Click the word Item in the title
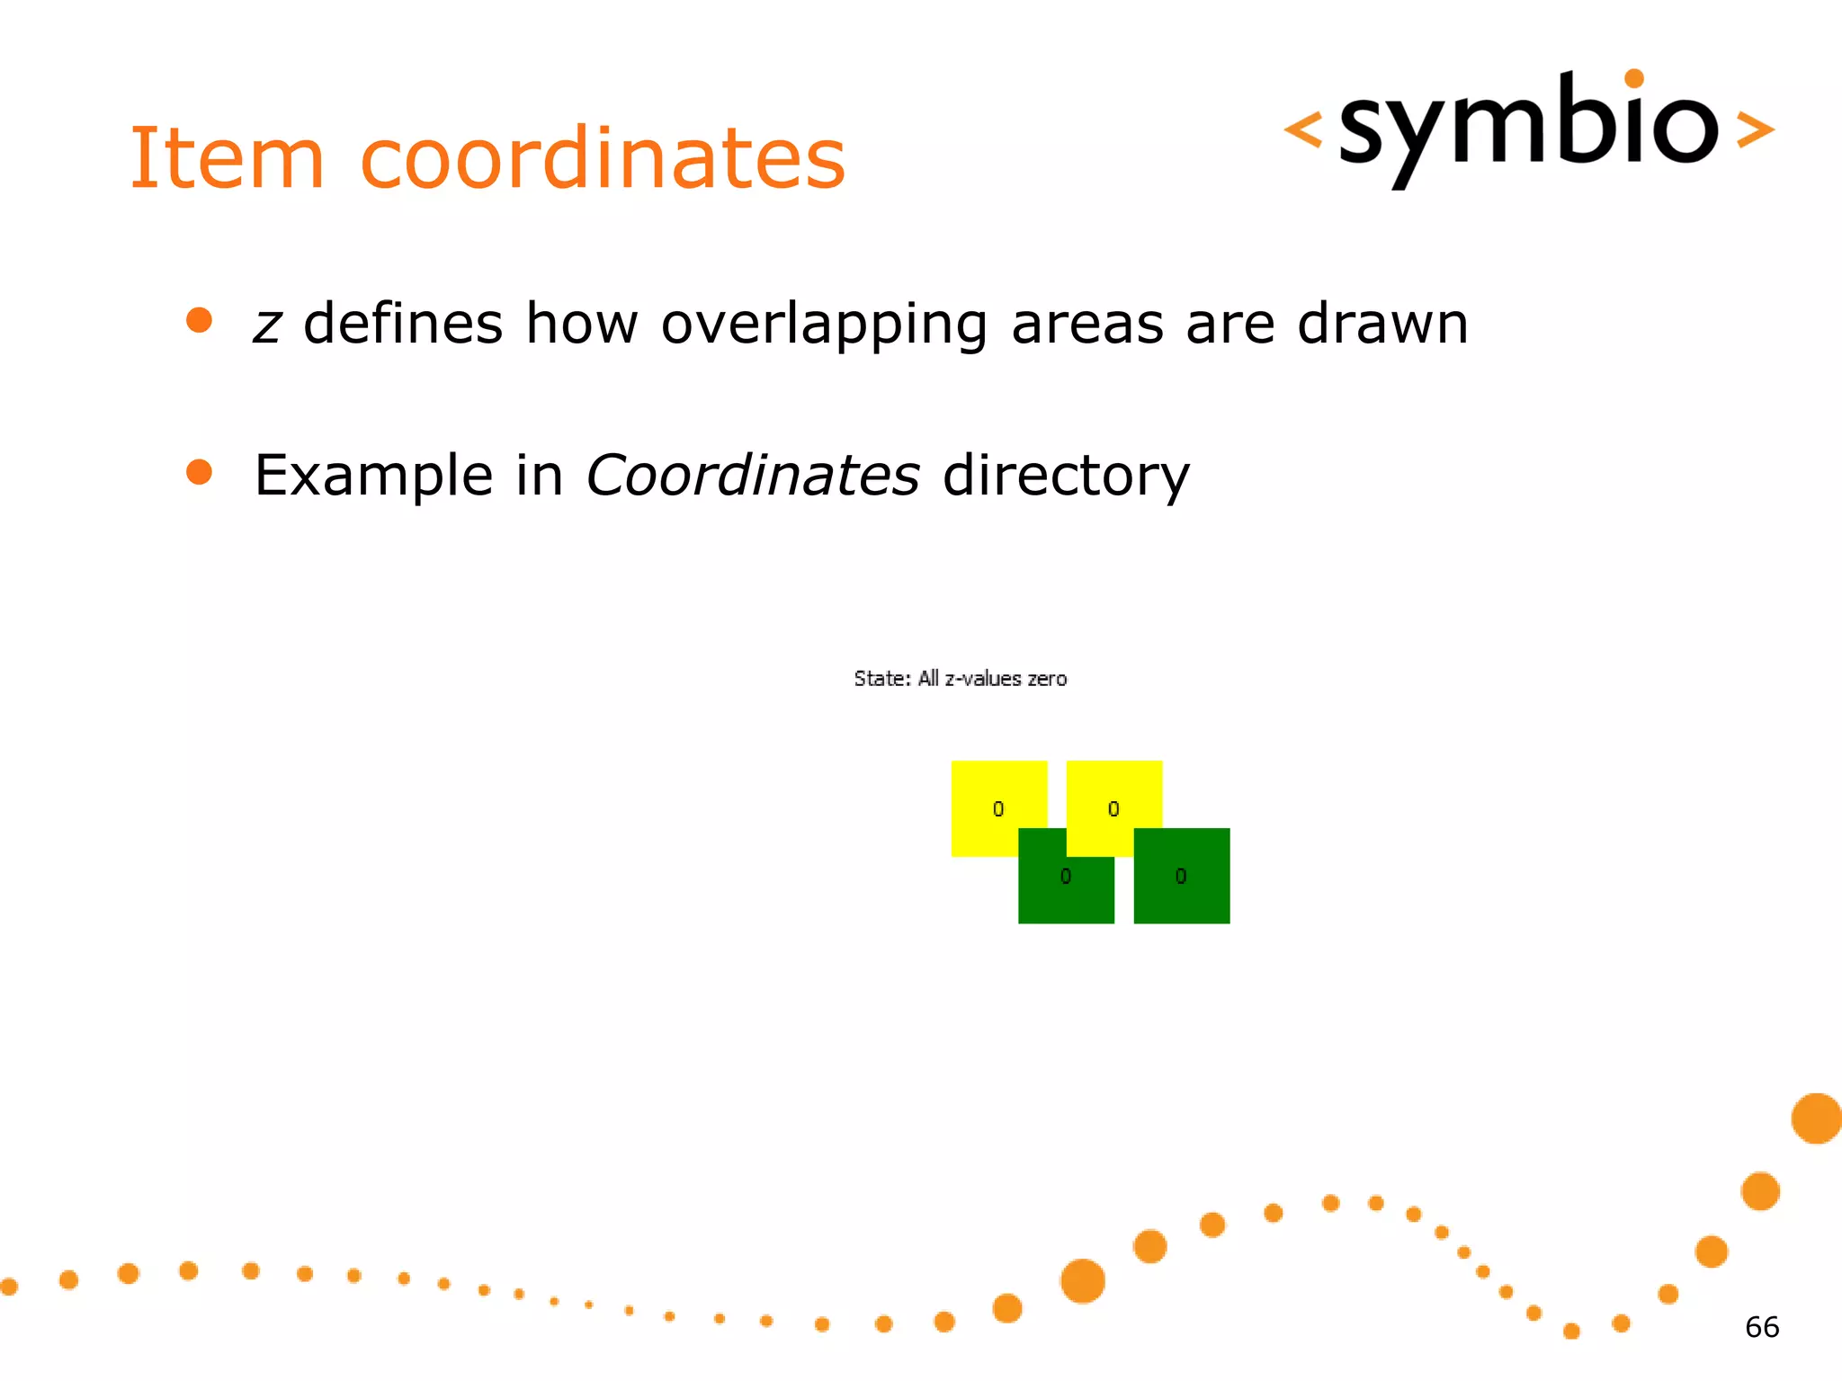(227, 159)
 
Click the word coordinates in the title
(603, 159)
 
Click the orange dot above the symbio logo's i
(1634, 79)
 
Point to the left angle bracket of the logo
(1303, 129)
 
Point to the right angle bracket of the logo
(1755, 129)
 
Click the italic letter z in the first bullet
(267, 325)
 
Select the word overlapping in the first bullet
(824, 325)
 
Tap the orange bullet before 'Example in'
(199, 472)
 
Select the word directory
(1066, 477)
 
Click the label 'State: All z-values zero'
(960, 679)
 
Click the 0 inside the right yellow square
(1113, 809)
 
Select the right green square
(1182, 876)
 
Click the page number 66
(1761, 1327)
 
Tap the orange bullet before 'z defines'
(199, 321)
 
